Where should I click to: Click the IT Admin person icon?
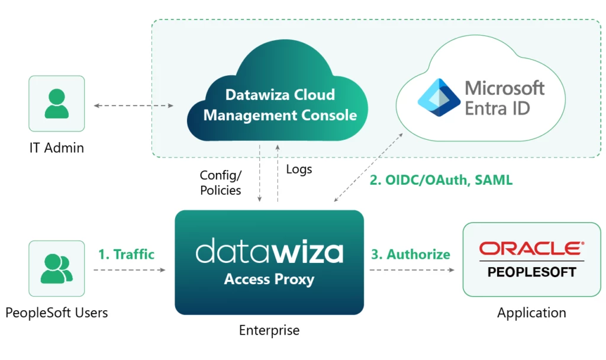point(57,104)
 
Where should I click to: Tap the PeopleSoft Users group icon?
point(57,268)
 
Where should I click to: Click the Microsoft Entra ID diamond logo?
point(439,98)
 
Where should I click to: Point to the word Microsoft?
point(504,88)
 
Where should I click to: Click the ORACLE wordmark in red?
point(531,248)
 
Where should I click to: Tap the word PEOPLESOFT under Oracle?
point(531,272)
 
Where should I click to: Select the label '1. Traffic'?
point(126,255)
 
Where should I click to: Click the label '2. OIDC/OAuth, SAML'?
point(441,181)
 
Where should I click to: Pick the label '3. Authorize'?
point(410,255)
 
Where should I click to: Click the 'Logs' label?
point(299,169)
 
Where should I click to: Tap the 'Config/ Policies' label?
point(221,182)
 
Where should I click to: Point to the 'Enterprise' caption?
point(269,330)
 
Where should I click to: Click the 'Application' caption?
point(531,313)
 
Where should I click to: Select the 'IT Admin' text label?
point(57,148)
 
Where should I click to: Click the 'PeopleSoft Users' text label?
point(57,313)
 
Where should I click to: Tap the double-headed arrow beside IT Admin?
point(133,106)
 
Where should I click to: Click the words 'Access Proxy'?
point(269,279)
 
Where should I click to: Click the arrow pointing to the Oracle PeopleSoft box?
point(412,270)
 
